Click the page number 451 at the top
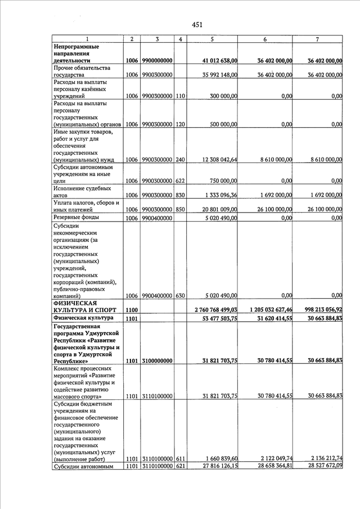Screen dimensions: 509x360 click(197, 24)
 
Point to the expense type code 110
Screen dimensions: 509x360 click(180, 96)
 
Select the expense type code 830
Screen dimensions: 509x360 click(180, 195)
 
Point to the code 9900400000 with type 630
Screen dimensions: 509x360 click(157, 295)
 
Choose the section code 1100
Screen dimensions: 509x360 click(132, 310)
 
